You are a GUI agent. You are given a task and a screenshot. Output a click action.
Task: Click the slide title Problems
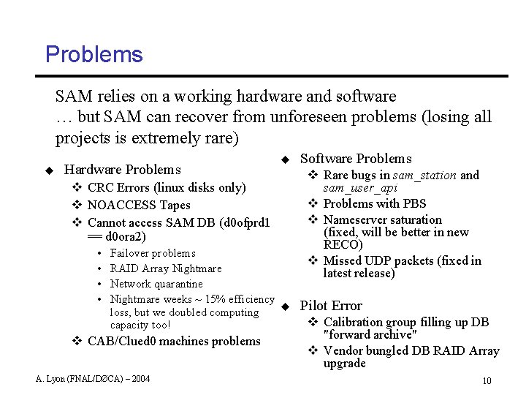click(x=94, y=54)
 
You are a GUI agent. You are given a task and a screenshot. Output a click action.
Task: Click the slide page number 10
click(x=487, y=380)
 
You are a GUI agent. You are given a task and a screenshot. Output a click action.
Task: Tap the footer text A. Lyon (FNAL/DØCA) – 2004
click(x=93, y=378)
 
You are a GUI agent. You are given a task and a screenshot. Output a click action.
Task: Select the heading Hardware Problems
click(x=122, y=170)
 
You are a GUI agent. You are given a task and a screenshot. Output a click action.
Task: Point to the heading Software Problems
click(x=356, y=159)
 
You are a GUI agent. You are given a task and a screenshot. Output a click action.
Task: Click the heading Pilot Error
click(x=331, y=306)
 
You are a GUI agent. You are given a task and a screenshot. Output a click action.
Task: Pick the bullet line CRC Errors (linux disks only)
click(x=166, y=187)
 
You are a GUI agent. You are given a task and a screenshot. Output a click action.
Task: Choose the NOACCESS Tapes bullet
click(x=138, y=205)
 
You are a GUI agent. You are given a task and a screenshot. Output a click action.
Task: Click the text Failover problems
click(x=153, y=253)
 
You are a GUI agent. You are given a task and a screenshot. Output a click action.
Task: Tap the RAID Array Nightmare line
click(x=165, y=268)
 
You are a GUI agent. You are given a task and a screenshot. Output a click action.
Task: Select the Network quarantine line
click(x=156, y=284)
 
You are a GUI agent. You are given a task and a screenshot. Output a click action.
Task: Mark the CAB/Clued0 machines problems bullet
click(x=173, y=341)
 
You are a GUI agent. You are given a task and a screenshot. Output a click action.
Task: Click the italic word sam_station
click(x=424, y=176)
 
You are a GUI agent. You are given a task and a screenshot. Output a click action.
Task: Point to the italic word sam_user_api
click(x=360, y=189)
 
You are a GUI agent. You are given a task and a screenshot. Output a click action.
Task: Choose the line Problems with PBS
click(x=374, y=203)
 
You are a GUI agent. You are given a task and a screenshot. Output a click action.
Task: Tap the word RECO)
click(x=343, y=245)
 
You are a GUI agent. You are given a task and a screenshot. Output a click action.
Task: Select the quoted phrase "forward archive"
click(x=370, y=335)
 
